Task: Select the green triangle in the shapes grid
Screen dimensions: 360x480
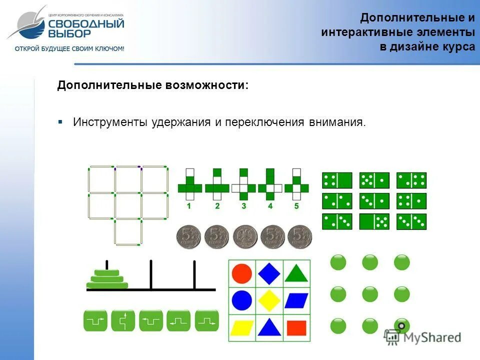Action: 296,273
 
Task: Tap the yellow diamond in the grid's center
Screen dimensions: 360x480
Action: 269,300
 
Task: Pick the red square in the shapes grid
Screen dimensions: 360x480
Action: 296,327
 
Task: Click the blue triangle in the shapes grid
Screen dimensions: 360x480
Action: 269,327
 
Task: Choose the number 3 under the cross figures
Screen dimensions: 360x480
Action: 243,206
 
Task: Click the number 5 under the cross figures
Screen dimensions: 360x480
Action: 296,206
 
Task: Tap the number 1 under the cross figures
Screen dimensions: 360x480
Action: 189,206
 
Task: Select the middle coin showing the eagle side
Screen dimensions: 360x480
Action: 245,237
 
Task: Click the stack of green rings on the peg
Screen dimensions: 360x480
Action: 107,280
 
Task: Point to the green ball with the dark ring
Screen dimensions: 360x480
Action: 401,326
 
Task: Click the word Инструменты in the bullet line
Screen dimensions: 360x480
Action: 111,122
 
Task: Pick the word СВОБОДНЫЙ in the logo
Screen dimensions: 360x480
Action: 86,24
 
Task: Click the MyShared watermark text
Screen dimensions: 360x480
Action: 431,337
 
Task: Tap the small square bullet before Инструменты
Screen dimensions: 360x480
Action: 60,122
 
